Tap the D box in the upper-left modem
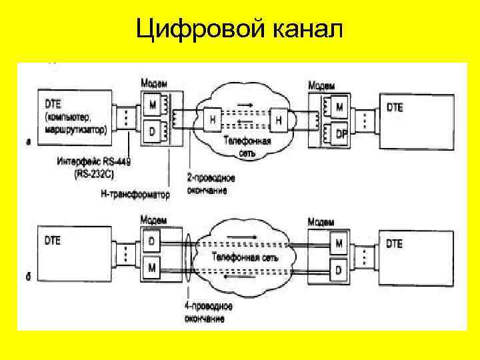(153, 132)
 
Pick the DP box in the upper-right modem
(341, 133)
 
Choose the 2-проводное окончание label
(206, 185)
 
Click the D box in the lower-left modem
(153, 239)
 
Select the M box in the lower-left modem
(153, 268)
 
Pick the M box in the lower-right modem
(339, 244)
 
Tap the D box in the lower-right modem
(339, 271)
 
